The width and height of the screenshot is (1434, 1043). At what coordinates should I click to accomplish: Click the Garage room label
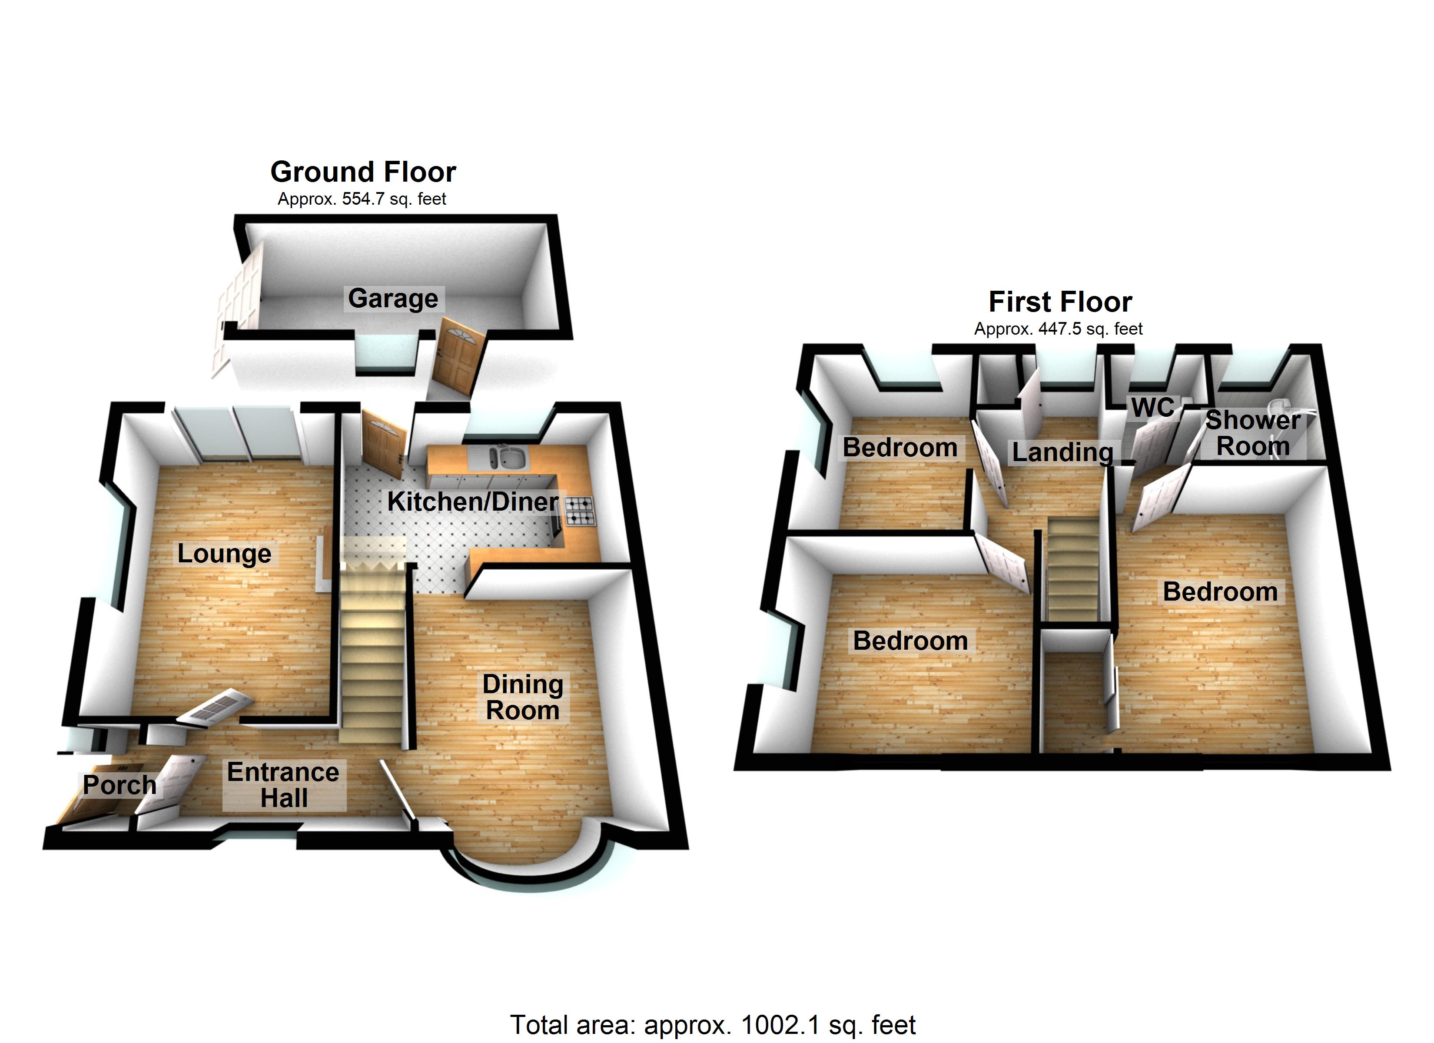point(393,299)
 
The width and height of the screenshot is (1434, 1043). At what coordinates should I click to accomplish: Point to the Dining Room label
point(523,697)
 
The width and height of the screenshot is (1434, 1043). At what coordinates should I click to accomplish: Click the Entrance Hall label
point(283,785)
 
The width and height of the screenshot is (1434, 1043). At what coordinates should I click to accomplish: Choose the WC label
point(1153,408)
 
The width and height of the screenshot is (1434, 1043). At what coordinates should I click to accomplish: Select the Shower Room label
point(1252,433)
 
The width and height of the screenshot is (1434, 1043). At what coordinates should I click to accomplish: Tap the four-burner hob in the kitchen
point(580,511)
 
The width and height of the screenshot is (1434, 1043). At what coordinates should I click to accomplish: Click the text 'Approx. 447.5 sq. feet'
point(1059,329)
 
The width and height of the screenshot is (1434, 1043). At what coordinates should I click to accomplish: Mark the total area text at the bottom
point(713,1025)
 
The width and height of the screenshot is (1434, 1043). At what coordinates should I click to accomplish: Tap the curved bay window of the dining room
point(528,869)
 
